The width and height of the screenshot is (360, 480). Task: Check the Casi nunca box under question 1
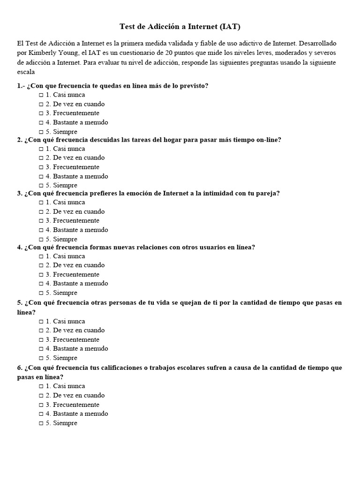tap(41, 95)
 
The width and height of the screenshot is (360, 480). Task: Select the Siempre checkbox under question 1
tap(41, 132)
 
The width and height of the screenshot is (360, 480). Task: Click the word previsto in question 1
tap(192, 86)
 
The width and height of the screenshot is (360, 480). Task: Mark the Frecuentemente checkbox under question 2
tap(41, 167)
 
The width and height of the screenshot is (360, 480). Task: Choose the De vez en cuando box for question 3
tap(41, 212)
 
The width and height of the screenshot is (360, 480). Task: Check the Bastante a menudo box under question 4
tap(41, 284)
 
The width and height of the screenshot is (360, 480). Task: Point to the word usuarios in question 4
tap(210, 247)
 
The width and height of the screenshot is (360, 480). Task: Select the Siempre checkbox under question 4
tap(41, 293)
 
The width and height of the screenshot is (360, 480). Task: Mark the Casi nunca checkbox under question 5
tap(41, 322)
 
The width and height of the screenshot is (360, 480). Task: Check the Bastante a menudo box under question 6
tap(41, 414)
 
